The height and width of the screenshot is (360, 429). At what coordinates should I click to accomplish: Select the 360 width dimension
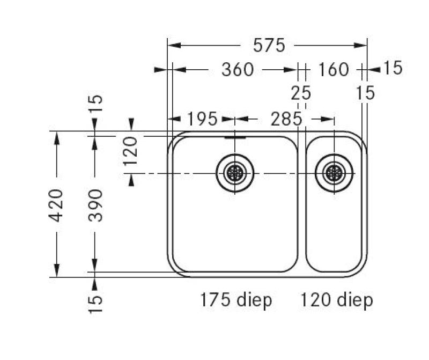click(238, 70)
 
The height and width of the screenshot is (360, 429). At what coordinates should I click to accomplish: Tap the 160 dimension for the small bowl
click(333, 70)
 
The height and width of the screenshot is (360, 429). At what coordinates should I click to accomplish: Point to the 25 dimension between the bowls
click(301, 93)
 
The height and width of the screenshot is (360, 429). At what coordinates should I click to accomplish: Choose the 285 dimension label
click(286, 119)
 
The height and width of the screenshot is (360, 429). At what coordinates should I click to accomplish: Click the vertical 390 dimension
click(95, 205)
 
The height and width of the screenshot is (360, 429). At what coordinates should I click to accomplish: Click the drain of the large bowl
click(235, 173)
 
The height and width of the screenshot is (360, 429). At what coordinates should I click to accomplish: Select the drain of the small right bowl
click(334, 173)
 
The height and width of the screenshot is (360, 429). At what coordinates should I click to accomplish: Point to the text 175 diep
click(236, 300)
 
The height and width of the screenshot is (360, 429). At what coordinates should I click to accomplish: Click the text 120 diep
click(336, 300)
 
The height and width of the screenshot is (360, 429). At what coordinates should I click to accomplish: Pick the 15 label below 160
click(365, 93)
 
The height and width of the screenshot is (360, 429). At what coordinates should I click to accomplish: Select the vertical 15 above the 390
click(95, 104)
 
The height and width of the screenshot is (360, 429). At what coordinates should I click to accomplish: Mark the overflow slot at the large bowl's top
click(235, 137)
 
